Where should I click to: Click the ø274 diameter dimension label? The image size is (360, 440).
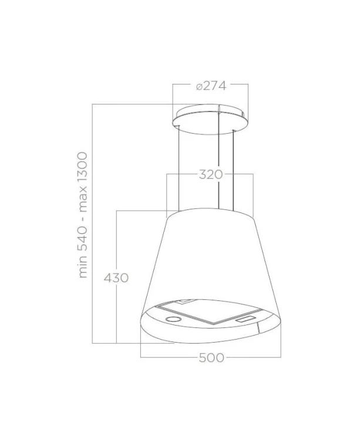211,86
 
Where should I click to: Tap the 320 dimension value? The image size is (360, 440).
211,175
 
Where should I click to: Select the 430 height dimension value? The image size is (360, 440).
116,278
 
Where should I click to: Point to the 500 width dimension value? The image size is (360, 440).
211,357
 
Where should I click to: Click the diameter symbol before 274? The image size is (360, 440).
199,87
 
